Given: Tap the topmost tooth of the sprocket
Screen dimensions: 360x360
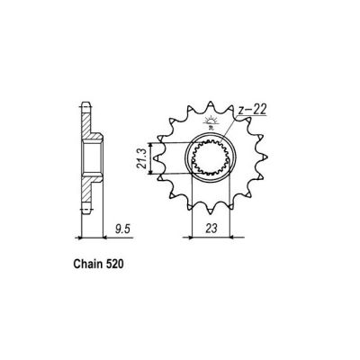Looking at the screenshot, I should [214, 105].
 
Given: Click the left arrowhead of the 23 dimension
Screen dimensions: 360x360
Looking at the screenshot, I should [189, 238].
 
